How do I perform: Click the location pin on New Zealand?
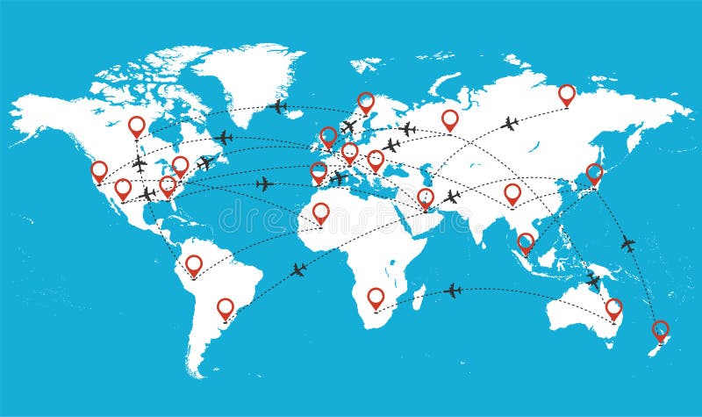(x=660, y=330)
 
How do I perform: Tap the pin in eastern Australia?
(x=613, y=307)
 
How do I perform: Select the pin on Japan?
(x=594, y=172)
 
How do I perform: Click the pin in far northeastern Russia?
(x=567, y=93)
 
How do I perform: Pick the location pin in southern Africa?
(x=376, y=297)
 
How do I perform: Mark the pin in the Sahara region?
(x=321, y=212)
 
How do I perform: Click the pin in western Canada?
(x=136, y=126)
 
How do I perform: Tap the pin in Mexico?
(x=123, y=188)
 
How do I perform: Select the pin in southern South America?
(x=226, y=307)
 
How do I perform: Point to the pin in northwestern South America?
(x=194, y=263)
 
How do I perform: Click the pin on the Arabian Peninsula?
(x=426, y=198)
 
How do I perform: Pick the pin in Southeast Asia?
(x=526, y=241)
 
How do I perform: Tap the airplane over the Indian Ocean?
(x=453, y=290)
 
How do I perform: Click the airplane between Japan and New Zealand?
(x=628, y=243)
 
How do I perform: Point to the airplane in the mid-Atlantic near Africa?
(x=263, y=183)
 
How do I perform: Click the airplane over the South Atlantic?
(x=298, y=270)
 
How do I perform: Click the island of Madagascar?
(x=419, y=292)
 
